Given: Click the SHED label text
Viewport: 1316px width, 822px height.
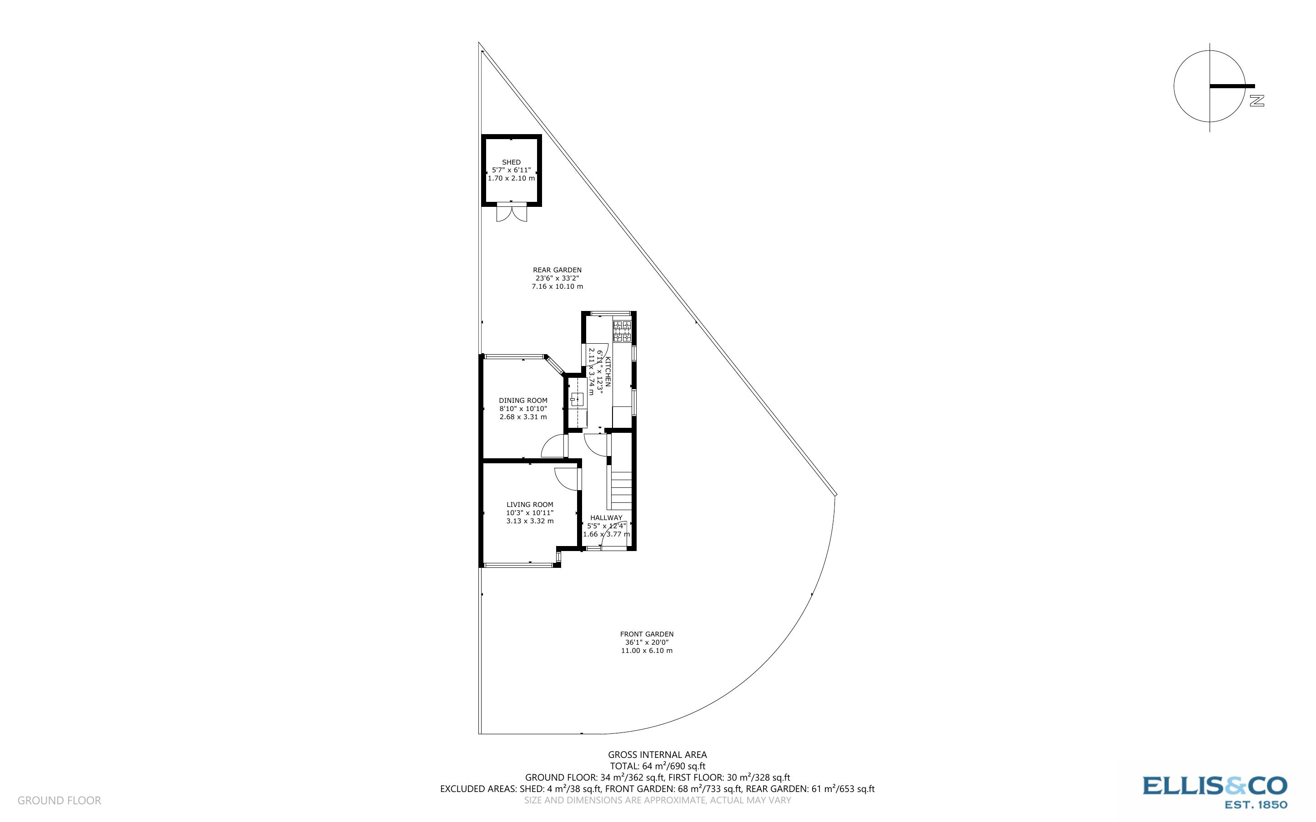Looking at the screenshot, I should tap(511, 162).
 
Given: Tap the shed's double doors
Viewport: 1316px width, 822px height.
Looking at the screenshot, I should tap(512, 213).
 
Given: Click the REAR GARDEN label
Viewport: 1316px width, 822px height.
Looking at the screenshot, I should tap(557, 270).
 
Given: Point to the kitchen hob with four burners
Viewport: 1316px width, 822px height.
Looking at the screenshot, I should tap(622, 331).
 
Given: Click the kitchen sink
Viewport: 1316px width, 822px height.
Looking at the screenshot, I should tap(576, 400).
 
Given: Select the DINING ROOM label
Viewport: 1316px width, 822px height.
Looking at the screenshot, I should tap(523, 401).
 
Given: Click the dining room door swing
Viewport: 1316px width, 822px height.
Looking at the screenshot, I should tap(553, 447).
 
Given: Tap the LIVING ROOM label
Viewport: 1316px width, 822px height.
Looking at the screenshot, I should tap(529, 505).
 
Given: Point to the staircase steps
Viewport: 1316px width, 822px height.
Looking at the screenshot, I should tap(621, 489).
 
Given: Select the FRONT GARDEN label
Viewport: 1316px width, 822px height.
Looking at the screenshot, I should tap(646, 634).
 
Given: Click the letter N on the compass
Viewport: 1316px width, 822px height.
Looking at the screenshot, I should tap(1257, 100).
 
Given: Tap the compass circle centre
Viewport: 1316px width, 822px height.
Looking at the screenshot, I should tap(1210, 86).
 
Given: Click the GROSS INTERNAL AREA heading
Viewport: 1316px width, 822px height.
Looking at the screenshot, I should tap(657, 755).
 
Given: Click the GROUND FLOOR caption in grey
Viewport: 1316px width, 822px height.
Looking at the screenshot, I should tap(59, 800).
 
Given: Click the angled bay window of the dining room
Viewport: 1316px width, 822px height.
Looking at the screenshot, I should tap(555, 366).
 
